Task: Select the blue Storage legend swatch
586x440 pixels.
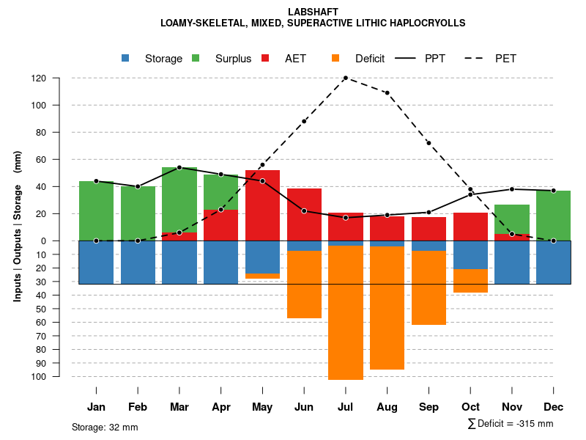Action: tap(126, 59)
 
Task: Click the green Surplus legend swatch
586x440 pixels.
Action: tap(196, 59)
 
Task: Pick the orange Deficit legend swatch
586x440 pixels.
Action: tap(336, 59)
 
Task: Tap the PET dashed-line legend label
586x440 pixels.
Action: tap(505, 59)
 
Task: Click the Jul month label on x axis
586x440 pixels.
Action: tap(346, 407)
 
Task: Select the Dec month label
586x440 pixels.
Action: tap(554, 407)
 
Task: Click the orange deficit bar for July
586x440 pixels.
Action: tap(346, 312)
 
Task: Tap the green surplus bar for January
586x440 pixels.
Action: tap(96, 210)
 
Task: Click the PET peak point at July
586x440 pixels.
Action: tap(346, 78)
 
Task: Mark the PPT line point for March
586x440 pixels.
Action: tap(179, 168)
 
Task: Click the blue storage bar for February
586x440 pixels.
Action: tap(138, 263)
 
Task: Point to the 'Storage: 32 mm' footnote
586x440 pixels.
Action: tap(105, 427)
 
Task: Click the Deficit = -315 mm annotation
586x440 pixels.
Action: tap(511, 424)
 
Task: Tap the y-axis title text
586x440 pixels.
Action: tap(18, 226)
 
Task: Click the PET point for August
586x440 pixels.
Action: tap(387, 93)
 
